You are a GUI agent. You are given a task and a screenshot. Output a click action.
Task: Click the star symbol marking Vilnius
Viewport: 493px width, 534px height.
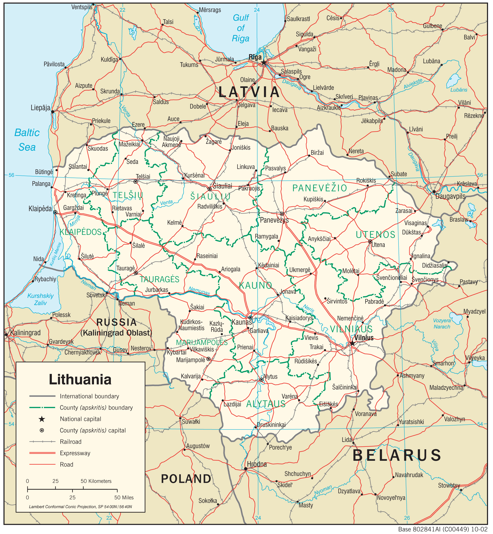352,343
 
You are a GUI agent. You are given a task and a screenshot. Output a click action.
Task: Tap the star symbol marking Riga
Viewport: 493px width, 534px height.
264,63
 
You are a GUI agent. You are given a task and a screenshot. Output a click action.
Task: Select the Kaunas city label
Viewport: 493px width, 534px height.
242,322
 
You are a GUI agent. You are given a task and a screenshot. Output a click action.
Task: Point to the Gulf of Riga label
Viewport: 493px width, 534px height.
241,28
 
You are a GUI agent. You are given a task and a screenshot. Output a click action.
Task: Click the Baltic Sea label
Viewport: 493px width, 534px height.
27,140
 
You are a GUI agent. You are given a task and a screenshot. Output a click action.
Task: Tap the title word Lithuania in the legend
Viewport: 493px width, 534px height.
80,379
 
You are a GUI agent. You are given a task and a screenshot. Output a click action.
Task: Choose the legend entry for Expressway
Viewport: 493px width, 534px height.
75,453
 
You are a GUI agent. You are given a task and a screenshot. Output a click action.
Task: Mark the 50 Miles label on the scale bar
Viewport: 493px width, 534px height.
124,498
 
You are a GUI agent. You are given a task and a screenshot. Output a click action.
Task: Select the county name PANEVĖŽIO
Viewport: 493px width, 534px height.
320,188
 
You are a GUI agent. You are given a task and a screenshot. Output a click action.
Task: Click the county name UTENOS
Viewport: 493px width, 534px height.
375,235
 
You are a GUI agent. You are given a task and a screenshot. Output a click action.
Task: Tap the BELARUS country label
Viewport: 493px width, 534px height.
397,456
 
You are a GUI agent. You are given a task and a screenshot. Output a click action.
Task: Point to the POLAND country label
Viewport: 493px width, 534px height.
186,479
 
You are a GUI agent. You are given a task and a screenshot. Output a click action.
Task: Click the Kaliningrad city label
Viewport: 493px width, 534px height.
25,333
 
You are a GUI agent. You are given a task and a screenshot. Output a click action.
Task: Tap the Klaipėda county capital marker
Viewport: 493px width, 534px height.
55,212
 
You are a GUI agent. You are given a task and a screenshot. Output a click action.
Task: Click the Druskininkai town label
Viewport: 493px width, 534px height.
271,425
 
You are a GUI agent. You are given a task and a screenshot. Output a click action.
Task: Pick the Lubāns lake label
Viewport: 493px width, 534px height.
459,90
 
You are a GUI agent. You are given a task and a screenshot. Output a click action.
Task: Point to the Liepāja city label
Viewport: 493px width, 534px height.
40,108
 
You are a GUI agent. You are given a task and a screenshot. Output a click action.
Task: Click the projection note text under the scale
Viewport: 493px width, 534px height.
80,506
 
